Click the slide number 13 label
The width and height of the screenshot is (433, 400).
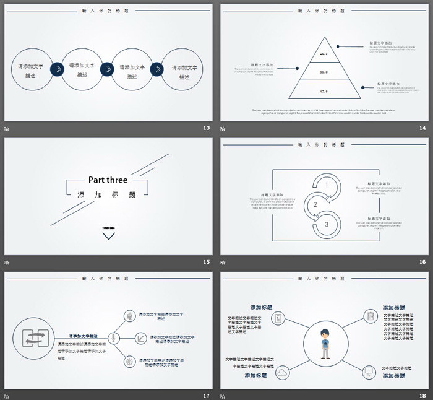click(207, 128)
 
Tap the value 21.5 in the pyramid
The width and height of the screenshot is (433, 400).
click(324, 54)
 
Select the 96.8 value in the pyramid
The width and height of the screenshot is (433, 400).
click(324, 72)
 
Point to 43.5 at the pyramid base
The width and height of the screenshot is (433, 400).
click(324, 91)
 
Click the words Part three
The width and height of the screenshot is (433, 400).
click(108, 180)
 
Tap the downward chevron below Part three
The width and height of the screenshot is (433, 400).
click(108, 235)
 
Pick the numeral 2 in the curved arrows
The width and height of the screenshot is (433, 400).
click(315, 205)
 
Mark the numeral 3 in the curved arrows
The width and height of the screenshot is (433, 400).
click(326, 225)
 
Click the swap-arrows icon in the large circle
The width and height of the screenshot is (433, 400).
click(33, 338)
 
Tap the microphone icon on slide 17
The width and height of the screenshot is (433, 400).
click(113, 338)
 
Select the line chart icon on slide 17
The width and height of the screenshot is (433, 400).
click(142, 338)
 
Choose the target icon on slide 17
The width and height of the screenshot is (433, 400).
click(129, 361)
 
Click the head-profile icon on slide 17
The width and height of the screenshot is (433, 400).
click(129, 316)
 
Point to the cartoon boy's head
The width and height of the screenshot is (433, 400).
click(325, 334)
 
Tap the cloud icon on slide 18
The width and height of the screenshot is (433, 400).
click(283, 372)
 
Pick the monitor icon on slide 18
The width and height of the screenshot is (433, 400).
click(369, 372)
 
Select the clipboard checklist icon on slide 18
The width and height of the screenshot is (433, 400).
click(370, 316)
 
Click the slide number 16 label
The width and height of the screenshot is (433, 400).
click(422, 262)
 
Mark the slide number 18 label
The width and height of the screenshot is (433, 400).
click(422, 396)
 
